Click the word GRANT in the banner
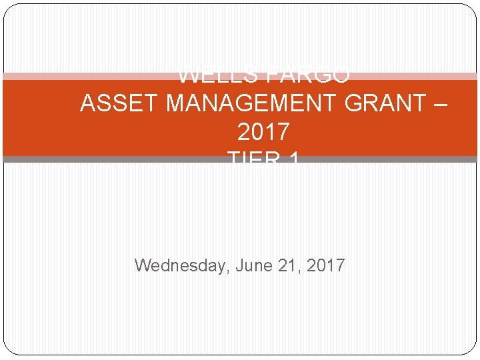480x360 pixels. pyautogui.click(x=380, y=104)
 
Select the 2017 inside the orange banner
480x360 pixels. pyautogui.click(x=263, y=132)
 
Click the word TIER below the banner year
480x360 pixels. pyautogui.click(x=252, y=160)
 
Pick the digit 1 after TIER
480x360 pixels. pyautogui.click(x=293, y=160)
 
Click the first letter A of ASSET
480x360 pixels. pyautogui.click(x=87, y=104)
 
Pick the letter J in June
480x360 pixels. pyautogui.click(x=240, y=265)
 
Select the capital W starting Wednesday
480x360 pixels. pyautogui.click(x=143, y=265)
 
